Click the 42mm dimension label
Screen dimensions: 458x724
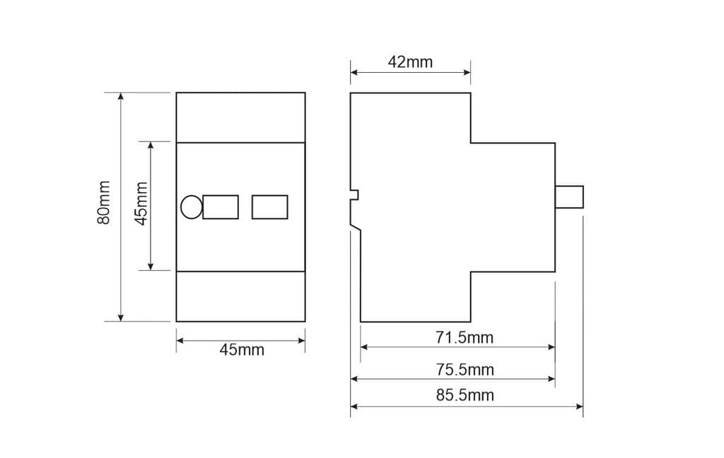point(410,61)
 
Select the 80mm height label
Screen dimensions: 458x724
point(104,203)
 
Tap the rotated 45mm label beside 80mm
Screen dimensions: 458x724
point(141,203)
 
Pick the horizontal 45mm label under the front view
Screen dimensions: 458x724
point(241,350)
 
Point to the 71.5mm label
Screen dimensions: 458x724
point(464,337)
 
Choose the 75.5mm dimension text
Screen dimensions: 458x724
point(464,370)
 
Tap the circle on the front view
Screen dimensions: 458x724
point(191,207)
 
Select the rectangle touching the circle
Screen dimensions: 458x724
point(221,207)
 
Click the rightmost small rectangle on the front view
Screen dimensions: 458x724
point(269,207)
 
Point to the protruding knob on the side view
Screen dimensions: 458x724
point(569,197)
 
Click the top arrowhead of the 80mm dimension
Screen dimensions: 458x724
point(121,97)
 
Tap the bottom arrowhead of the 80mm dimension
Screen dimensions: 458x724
point(121,317)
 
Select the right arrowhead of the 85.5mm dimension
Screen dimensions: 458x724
point(579,406)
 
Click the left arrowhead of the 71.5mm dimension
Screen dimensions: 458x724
point(365,347)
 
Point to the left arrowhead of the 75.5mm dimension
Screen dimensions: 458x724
point(355,379)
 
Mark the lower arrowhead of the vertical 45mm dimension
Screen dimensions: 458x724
point(151,266)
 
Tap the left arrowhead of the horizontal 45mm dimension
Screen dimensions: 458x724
point(180,340)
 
